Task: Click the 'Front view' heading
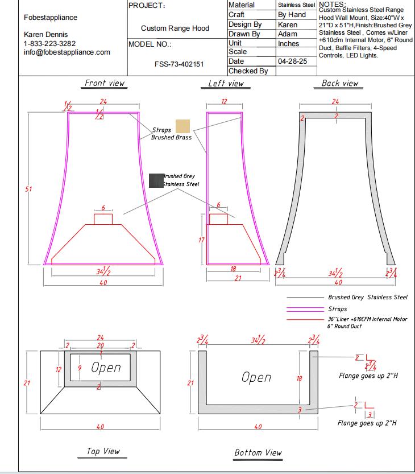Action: [x=105, y=83]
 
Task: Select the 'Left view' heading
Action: [x=226, y=84]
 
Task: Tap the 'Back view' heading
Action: [x=340, y=83]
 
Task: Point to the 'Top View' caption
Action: [x=103, y=451]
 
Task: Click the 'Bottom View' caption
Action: [x=258, y=452]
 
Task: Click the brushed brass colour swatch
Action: [x=183, y=126]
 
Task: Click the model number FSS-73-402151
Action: [x=179, y=64]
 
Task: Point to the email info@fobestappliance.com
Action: [x=67, y=52]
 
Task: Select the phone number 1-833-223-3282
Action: [x=49, y=44]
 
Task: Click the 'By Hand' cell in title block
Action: [x=292, y=15]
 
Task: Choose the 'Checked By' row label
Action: [x=248, y=71]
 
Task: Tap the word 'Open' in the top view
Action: [x=106, y=368]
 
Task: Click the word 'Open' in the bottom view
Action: [x=256, y=377]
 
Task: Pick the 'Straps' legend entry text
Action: [x=338, y=309]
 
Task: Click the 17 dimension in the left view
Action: [x=201, y=240]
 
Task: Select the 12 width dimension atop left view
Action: [x=223, y=101]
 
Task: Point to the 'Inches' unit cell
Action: [x=288, y=43]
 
